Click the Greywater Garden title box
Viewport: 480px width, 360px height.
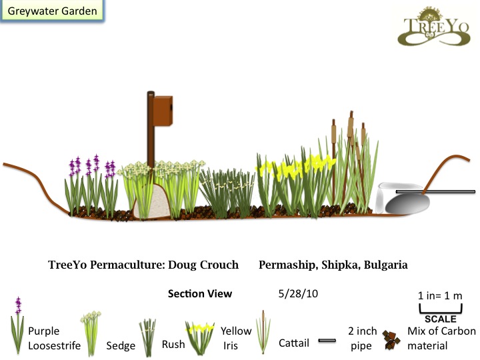coord(51,11)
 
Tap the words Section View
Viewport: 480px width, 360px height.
coord(200,293)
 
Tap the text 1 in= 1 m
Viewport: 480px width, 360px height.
coord(440,295)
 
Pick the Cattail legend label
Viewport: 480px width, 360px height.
coord(293,344)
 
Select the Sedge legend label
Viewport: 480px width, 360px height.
coord(121,346)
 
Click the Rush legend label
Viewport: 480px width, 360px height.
coord(173,345)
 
